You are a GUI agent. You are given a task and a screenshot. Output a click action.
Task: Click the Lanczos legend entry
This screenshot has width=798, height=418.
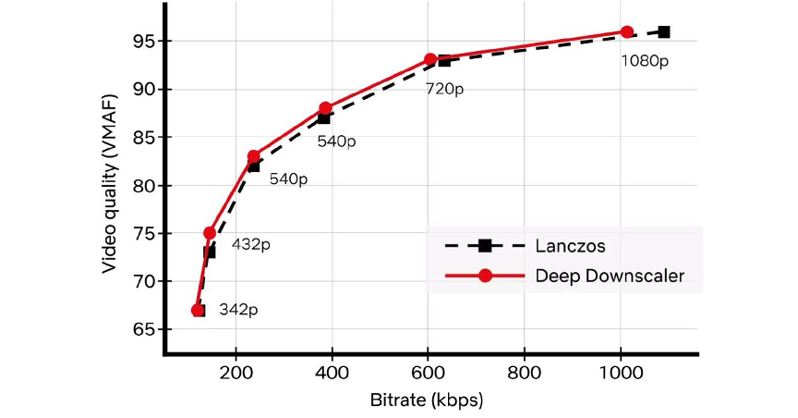pyautogui.click(x=563, y=246)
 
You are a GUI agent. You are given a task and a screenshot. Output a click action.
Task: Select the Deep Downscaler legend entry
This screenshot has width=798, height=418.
pyautogui.click(x=610, y=277)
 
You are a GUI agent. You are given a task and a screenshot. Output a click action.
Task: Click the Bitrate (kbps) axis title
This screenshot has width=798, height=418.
pyautogui.click(x=430, y=400)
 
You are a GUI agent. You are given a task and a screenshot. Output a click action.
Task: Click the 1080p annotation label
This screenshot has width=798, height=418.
pyautogui.click(x=645, y=61)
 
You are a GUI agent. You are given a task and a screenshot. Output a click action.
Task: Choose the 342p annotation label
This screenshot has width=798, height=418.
pyautogui.click(x=238, y=310)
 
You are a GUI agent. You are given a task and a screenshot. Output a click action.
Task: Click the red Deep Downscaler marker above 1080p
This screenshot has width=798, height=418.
pyautogui.click(x=627, y=31)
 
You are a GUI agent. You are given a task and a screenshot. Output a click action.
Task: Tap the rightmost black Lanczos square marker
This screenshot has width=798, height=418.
pyautogui.click(x=664, y=31)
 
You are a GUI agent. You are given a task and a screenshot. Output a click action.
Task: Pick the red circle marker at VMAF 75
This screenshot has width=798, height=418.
pyautogui.click(x=210, y=233)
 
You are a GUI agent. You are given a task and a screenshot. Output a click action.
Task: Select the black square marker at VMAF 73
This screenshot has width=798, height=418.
pyautogui.click(x=210, y=252)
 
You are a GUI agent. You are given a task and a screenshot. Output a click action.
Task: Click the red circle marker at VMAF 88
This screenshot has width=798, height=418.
pyautogui.click(x=325, y=108)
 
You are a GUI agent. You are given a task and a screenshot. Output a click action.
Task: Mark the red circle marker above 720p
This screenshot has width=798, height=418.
pyautogui.click(x=430, y=59)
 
